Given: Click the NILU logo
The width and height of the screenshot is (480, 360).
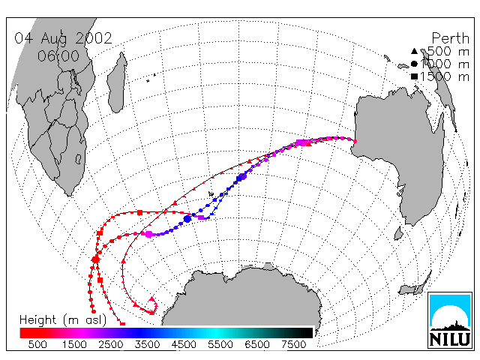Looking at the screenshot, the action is coord(450,320).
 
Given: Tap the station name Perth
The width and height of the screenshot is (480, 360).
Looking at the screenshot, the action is coord(450,38).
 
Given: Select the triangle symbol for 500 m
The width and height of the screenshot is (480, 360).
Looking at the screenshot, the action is coord(414,51).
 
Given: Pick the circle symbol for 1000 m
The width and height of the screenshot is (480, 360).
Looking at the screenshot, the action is coord(414,64).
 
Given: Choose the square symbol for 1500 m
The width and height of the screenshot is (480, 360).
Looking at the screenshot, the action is coord(414,76).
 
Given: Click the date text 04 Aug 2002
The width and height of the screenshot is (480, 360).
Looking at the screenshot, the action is coord(63,38).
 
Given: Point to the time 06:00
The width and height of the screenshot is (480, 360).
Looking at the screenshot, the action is coord(58,56).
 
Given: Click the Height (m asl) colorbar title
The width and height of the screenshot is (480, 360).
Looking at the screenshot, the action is coord(63,320).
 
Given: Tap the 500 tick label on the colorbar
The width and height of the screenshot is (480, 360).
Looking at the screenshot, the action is coord(37,344).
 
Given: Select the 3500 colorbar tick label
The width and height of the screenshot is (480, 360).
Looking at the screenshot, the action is coord(147,344).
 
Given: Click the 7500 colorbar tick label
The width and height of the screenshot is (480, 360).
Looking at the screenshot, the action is coord(294,344).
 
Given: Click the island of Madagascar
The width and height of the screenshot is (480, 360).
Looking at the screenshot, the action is coord(117,82).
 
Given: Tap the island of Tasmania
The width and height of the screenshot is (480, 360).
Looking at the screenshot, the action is coord(398,233).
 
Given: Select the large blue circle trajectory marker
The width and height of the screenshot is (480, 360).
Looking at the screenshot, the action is coord(187,219).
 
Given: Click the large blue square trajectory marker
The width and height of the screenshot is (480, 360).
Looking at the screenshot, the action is coord(239,178).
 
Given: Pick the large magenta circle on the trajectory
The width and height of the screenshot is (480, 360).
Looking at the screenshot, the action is coord(148,235).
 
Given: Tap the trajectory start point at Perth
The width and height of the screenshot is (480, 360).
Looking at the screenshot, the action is coord(355,142).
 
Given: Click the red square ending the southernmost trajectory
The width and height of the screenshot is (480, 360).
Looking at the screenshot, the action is coord(123,324).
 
